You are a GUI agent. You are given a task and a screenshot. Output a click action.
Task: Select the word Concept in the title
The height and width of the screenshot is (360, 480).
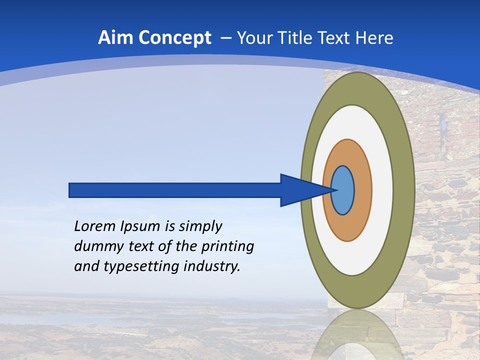click(x=174, y=38)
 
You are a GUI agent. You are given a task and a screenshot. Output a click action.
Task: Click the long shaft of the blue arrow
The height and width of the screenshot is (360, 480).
click(x=175, y=190)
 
